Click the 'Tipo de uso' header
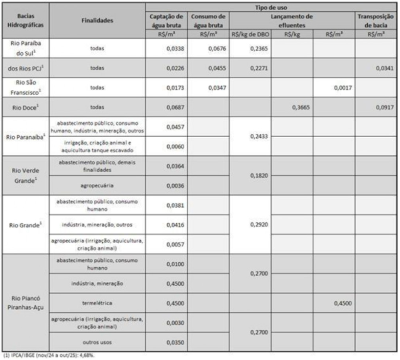point(271,8)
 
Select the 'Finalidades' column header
point(97,21)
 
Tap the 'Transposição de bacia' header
point(376,20)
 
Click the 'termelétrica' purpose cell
point(97,303)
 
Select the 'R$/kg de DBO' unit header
point(250,34)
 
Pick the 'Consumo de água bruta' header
point(208,20)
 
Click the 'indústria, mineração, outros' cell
point(97,224)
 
